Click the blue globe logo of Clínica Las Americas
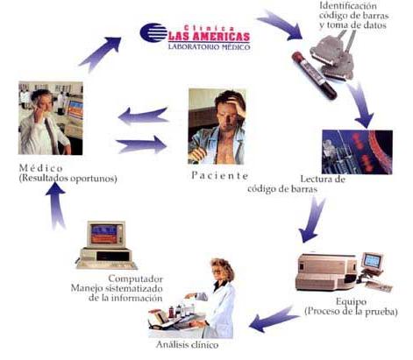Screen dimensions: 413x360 153,32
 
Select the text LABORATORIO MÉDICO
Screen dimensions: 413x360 209,46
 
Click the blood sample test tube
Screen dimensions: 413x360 314,74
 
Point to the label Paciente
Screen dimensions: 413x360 220,175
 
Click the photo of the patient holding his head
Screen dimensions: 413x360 217,126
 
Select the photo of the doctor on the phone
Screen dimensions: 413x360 51,118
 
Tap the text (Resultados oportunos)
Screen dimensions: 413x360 68,178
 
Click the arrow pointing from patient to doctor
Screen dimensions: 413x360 143,116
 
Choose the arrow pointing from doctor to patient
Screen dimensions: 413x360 141,145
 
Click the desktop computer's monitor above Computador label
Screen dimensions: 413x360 106,235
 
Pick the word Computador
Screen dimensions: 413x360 135,279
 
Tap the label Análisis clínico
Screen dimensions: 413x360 187,345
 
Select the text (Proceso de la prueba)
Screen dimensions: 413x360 351,311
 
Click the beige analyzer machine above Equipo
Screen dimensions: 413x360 326,272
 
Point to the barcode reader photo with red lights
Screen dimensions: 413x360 357,152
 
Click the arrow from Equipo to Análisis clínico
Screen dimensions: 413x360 274,318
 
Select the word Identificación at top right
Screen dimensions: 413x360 348,6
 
